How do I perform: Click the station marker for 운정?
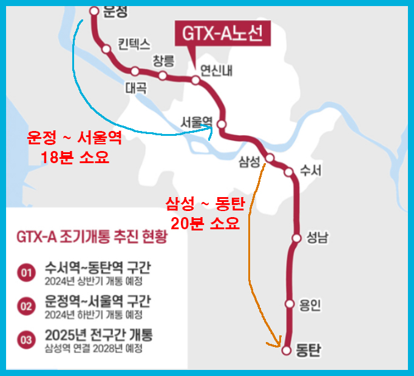[x=94, y=10]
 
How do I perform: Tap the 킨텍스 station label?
[x=133, y=44]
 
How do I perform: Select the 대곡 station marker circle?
[x=135, y=71]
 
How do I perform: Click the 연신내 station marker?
[x=195, y=80]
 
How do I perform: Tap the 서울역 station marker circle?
[x=222, y=124]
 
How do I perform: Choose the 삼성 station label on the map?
[x=250, y=161]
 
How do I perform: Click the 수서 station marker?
[x=289, y=172]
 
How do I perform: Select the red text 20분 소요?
[x=205, y=223]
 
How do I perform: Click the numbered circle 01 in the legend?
[x=25, y=273]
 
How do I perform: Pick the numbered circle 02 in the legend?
[x=25, y=306]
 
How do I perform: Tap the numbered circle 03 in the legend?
[x=25, y=340]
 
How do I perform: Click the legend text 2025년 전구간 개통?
[x=98, y=335]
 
